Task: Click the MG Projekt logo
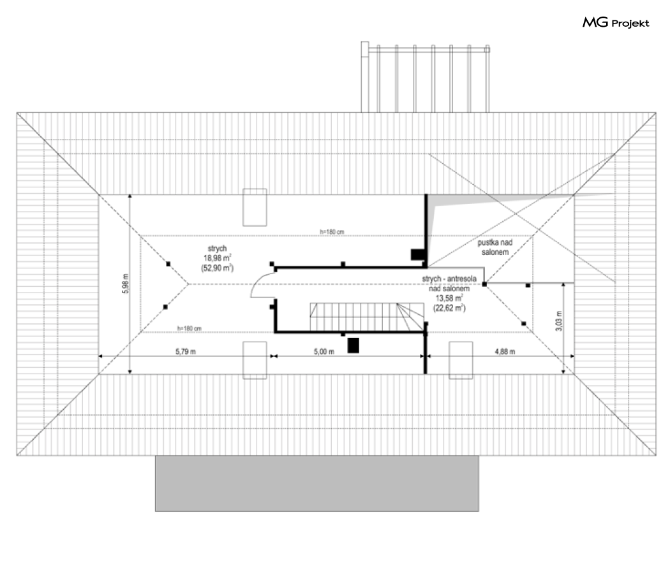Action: (616, 22)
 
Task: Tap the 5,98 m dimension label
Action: (125, 284)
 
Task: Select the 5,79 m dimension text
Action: (186, 352)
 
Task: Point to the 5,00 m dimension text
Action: (324, 352)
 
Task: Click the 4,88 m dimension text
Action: (505, 352)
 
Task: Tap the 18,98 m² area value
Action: (218, 257)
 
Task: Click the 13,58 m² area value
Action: (449, 298)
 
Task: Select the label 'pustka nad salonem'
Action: (495, 247)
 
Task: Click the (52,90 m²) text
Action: (218, 268)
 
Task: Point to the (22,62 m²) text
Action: (449, 308)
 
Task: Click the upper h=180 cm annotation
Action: (332, 232)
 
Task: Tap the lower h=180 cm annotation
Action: (190, 328)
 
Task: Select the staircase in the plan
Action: (367, 317)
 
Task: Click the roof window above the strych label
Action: (255, 207)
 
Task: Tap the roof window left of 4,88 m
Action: (461, 360)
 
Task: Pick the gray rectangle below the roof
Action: (316, 483)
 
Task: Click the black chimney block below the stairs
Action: (354, 345)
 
